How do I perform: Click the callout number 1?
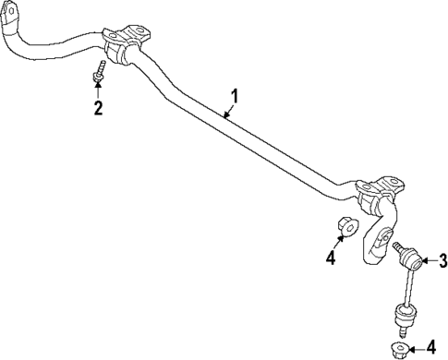pyautogui.click(x=235, y=96)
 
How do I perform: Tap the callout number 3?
pyautogui.click(x=442, y=260)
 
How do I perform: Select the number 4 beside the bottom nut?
pyautogui.click(x=431, y=348)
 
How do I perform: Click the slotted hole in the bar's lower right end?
pyautogui.click(x=379, y=242)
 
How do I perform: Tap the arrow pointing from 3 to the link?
pyautogui.click(x=426, y=260)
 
